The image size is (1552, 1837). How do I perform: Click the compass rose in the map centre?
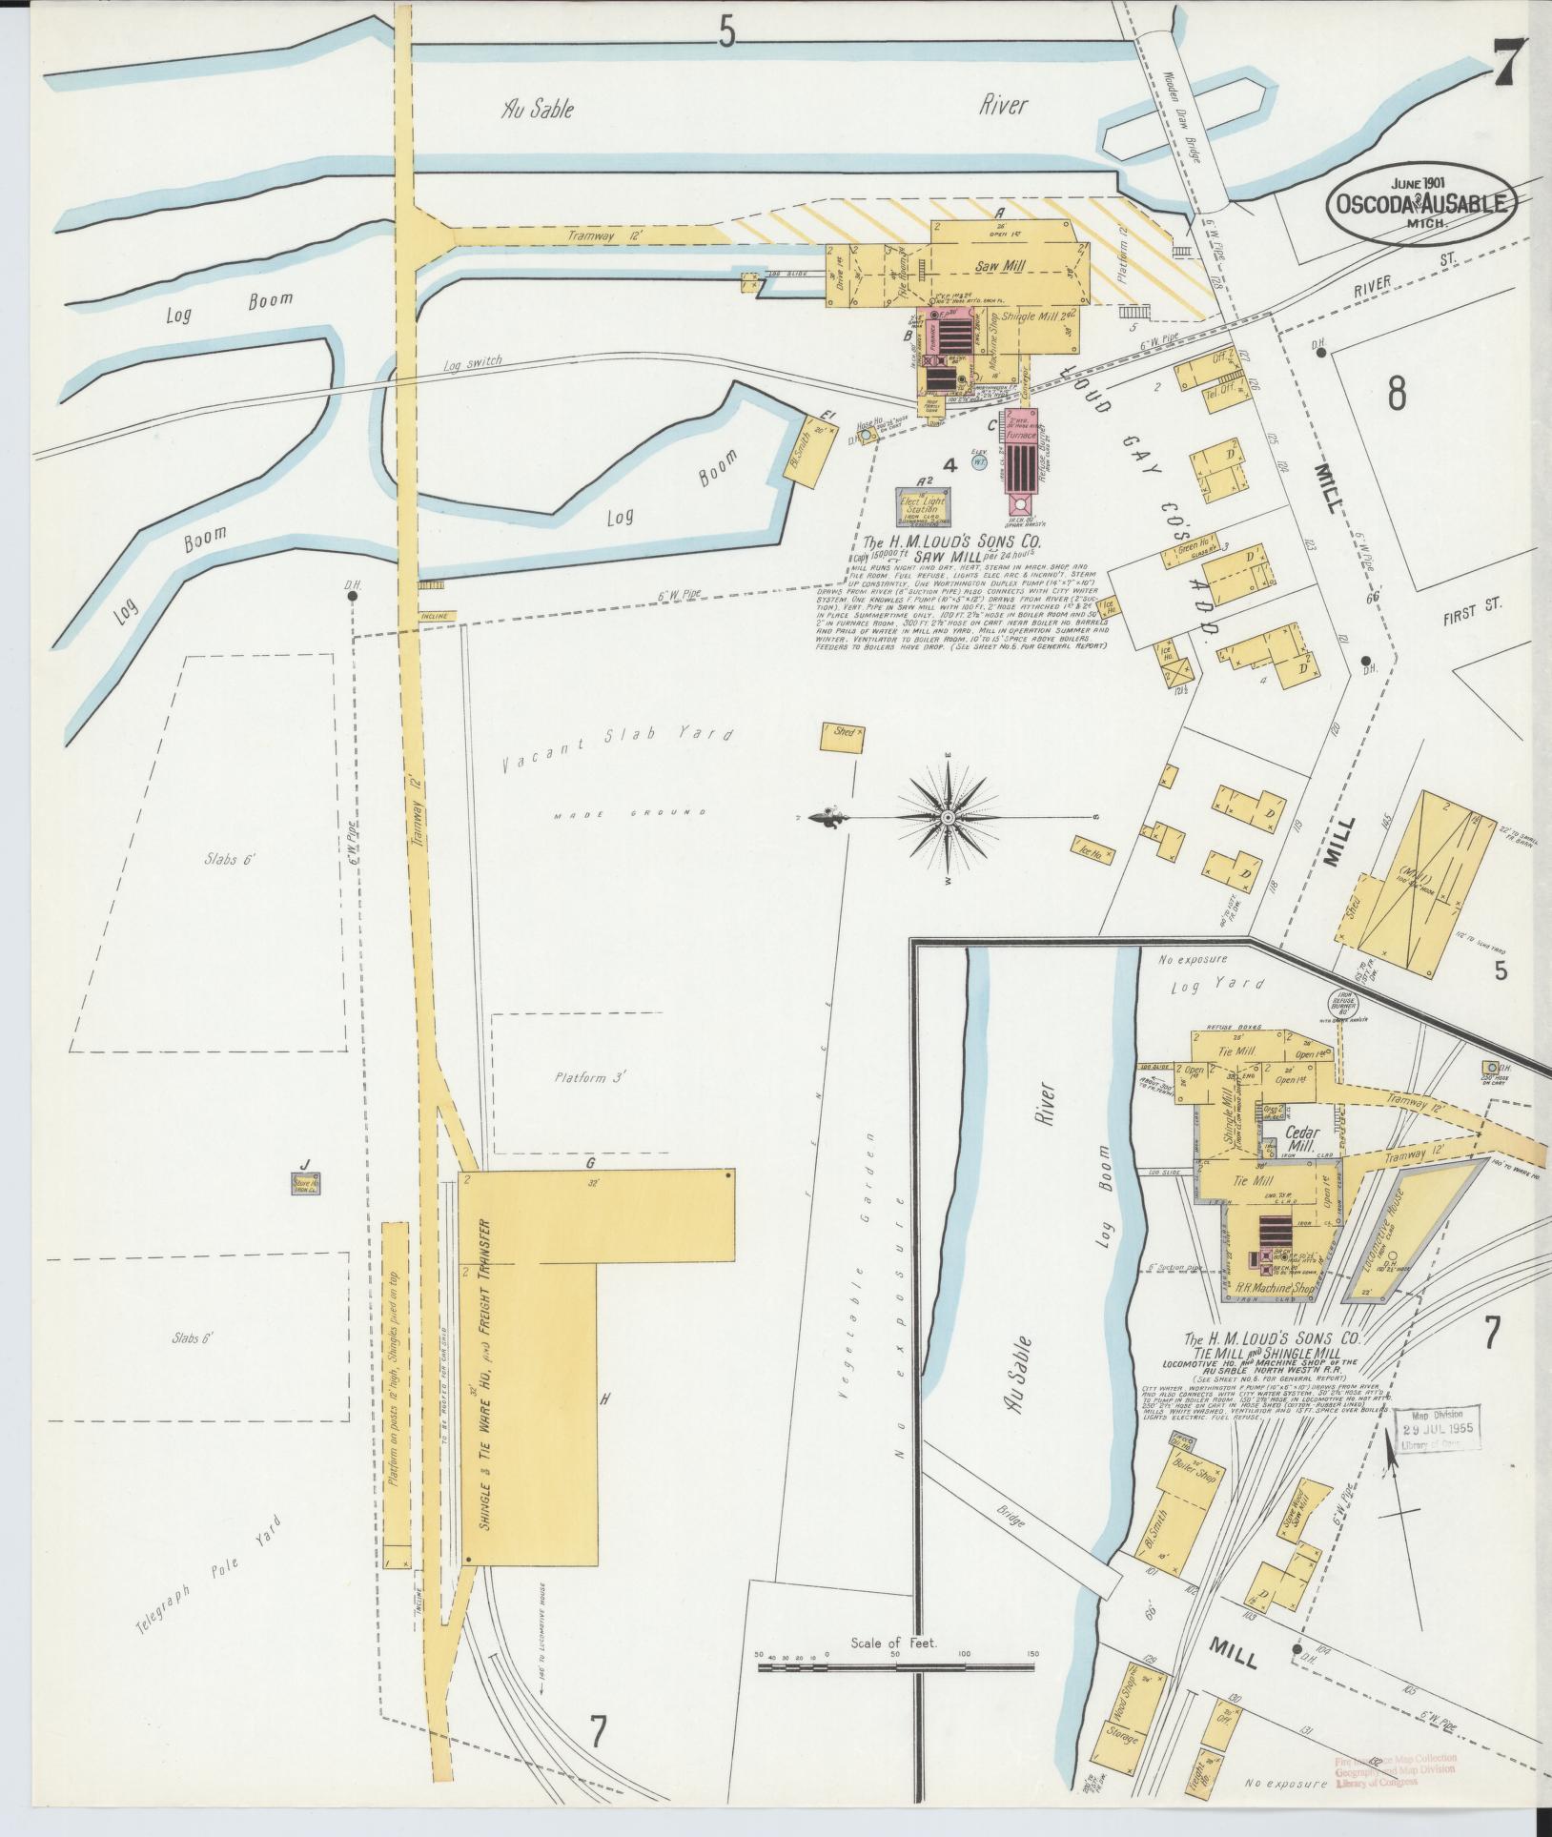pyautogui.click(x=949, y=818)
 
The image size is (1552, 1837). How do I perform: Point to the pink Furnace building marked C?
pyautogui.click(x=1021, y=448)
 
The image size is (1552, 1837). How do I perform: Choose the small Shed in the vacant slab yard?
pyautogui.click(x=843, y=733)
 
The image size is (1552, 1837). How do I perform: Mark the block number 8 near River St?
pyautogui.click(x=1396, y=393)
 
